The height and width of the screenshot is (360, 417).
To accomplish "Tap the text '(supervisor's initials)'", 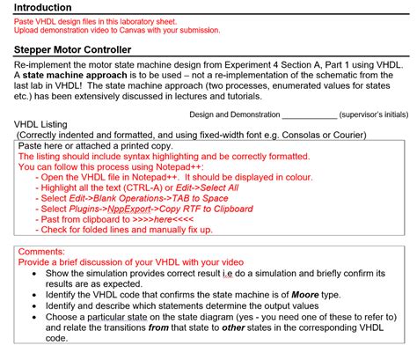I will pyautogui.click(x=371, y=114).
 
